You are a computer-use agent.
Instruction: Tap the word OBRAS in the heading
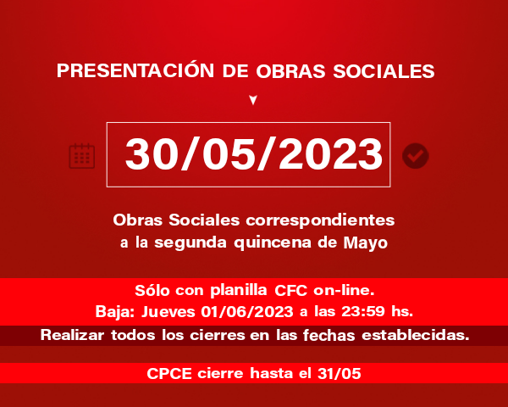pos(290,70)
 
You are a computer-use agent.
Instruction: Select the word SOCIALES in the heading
pos(384,70)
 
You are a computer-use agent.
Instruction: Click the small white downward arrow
pos(253,100)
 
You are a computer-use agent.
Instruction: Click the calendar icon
pos(82,156)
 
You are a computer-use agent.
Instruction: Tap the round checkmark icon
pos(416,156)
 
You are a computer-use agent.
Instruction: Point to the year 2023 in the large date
pos(330,153)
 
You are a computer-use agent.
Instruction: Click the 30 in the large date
pos(152,153)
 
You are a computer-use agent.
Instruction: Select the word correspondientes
pos(320,220)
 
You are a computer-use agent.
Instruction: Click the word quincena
pos(273,243)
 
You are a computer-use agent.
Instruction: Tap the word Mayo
pos(366,243)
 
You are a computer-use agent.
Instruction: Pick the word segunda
pos(190,243)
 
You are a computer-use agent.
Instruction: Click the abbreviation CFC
pos(290,290)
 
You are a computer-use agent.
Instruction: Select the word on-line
pos(344,290)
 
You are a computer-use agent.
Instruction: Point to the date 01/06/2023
pos(247,311)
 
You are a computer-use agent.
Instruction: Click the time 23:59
pos(363,311)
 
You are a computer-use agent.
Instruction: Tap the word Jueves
pos(168,311)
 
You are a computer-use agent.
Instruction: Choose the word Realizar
pos(72,335)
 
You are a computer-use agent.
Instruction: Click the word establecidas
pos(416,335)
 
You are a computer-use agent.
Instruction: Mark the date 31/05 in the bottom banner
pos(340,374)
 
